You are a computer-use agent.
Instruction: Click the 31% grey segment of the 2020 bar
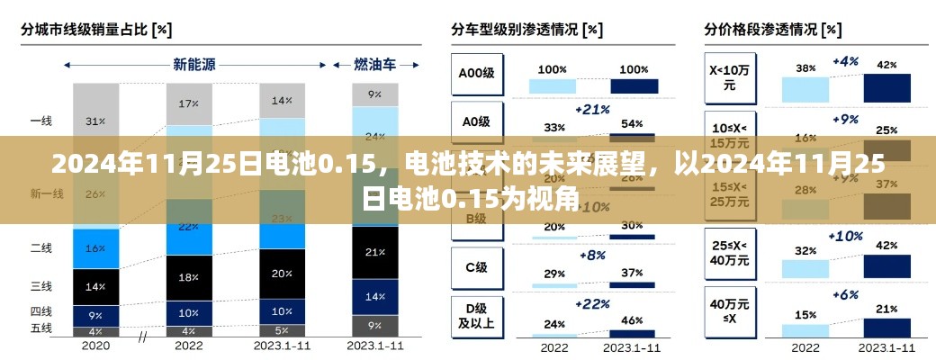pyautogui.click(x=95, y=121)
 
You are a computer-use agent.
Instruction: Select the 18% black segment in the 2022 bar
pyautogui.click(x=188, y=277)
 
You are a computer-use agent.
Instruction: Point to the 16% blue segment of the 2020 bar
pyautogui.click(x=95, y=247)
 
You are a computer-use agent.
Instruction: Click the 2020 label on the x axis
pyautogui.click(x=95, y=344)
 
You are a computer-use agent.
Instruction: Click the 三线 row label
pyautogui.click(x=40, y=287)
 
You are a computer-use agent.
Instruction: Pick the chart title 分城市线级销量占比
pyautogui.click(x=96, y=30)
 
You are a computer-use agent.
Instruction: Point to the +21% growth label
pyautogui.click(x=591, y=109)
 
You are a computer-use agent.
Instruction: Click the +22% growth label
pyautogui.click(x=591, y=303)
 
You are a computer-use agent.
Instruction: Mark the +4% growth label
pyautogui.click(x=845, y=61)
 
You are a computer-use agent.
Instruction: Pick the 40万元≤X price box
pyautogui.click(x=729, y=310)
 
